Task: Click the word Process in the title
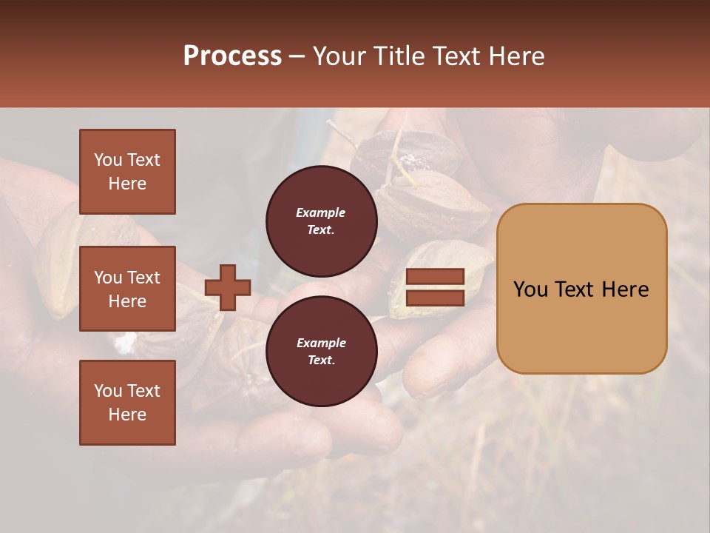(232, 56)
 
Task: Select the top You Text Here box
(127, 172)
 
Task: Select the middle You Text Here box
(127, 289)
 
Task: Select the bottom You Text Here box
(127, 403)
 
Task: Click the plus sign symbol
(228, 287)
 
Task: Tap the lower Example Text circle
(321, 352)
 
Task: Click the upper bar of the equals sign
(436, 277)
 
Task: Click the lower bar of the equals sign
(436, 298)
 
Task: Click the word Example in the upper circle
(321, 213)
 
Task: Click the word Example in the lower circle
(321, 343)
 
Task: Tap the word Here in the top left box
(127, 184)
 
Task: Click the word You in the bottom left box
(107, 391)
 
